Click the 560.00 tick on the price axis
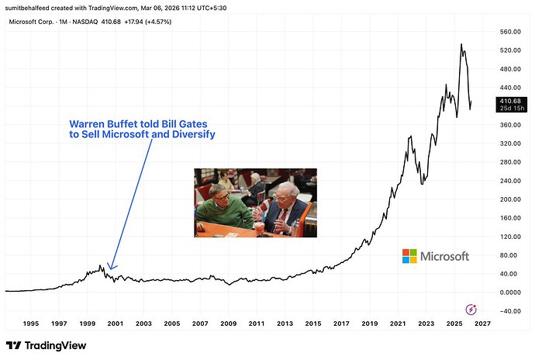coord(510,32)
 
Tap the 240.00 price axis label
coord(510,181)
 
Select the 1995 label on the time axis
coord(31,324)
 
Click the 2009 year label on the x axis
coord(228,324)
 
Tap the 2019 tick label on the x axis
coord(369,324)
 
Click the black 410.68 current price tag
coord(509,101)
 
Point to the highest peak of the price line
coord(461,44)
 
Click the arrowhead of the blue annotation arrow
coord(112,268)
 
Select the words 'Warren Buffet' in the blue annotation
coord(100,123)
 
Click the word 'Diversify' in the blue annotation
coord(188,134)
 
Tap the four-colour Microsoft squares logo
coord(409,256)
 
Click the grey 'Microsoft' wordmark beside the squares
coord(445,256)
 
